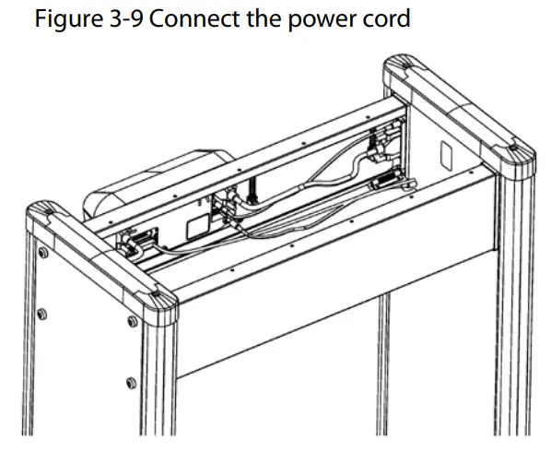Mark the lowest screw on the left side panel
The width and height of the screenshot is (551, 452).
[128, 380]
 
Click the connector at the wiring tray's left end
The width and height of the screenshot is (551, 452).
[135, 244]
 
